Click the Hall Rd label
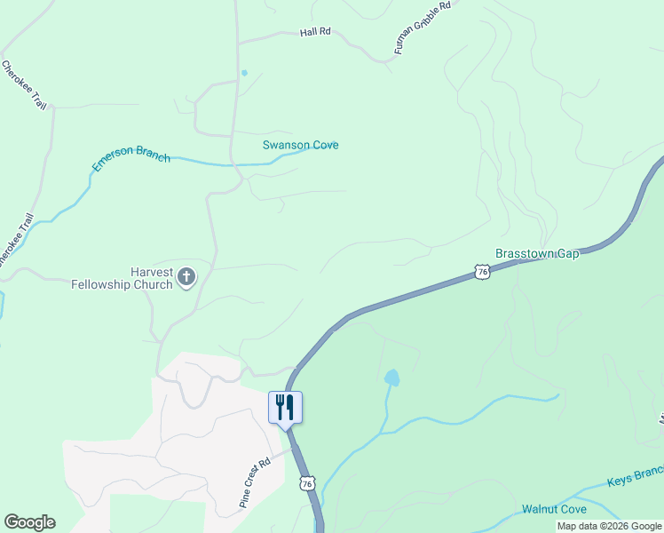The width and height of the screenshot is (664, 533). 315,31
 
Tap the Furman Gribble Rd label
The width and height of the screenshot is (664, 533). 423,28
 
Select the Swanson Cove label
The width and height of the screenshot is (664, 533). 300,145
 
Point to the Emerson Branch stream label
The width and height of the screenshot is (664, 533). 131,158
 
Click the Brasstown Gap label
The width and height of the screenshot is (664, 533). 537,253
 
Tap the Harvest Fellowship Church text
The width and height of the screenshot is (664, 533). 122,278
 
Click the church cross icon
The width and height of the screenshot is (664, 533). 186,277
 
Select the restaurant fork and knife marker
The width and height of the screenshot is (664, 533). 285,408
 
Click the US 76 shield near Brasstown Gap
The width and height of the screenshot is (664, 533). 481,272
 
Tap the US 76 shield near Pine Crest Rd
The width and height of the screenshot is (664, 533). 307,483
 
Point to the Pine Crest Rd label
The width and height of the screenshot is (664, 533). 255,482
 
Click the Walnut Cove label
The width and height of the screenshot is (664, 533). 554,509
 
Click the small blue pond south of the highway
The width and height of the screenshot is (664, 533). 391,378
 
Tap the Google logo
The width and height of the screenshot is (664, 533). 30,522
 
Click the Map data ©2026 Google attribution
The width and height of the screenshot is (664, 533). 609,526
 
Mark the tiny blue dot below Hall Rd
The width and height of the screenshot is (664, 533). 244,73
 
